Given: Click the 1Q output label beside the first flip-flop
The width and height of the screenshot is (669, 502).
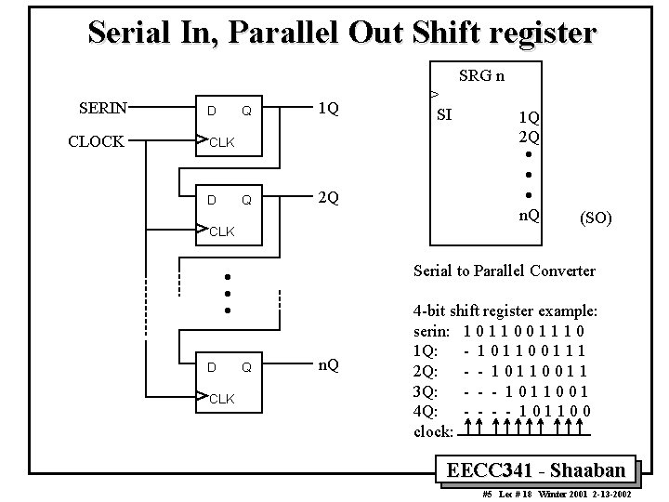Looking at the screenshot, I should (327, 109).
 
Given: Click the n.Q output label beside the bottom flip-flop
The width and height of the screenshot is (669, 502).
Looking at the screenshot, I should (328, 365).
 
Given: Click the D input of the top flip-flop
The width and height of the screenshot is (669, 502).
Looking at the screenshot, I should (212, 112).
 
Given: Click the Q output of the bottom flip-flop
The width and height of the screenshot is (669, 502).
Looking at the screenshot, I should (246, 367).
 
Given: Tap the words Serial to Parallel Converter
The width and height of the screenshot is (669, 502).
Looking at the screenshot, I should (504, 271).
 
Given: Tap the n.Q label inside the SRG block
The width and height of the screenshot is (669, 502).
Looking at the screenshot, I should (530, 216).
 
